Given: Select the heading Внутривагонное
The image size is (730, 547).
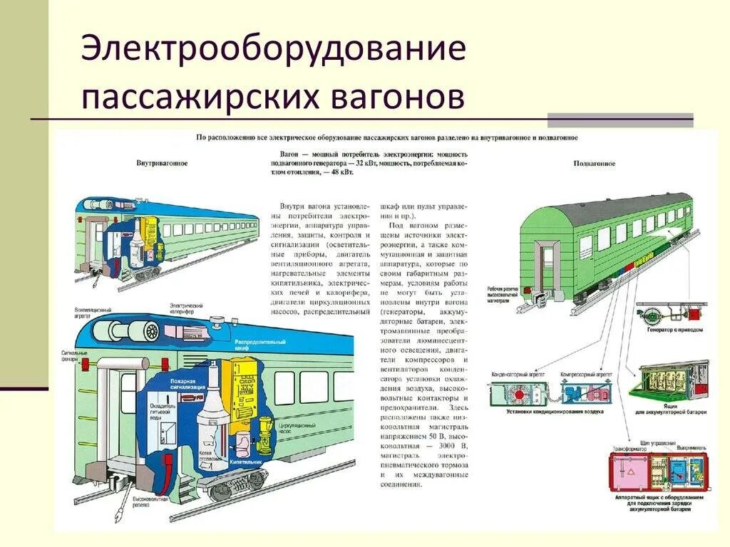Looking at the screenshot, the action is click(x=162, y=163).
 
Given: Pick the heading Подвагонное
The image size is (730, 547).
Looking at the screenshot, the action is click(x=595, y=163).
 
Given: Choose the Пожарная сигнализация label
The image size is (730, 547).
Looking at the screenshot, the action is click(x=187, y=384).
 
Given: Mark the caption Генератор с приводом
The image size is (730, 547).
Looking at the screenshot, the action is click(x=674, y=330).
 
